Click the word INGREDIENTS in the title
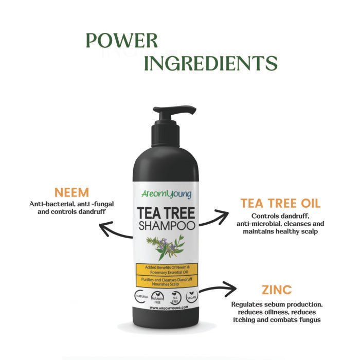tap(210, 63)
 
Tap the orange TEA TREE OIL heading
tap(280, 203)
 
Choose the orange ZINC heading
tap(276, 289)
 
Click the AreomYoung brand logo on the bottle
tap(166, 194)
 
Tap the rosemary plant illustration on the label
tap(166, 246)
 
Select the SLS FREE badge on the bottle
tap(174, 297)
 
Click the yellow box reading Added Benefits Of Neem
tap(166, 269)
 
